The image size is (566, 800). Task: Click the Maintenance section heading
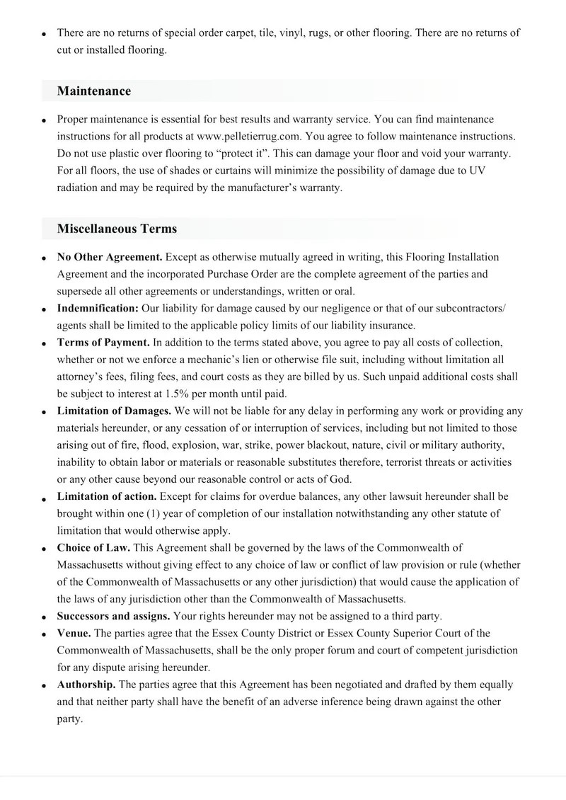94,91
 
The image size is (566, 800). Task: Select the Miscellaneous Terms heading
117,229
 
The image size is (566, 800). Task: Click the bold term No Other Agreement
110,256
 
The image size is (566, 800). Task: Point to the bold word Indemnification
98,308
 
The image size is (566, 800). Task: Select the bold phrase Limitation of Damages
114,411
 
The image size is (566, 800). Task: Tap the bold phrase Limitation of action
107,496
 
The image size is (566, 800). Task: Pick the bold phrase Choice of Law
93,548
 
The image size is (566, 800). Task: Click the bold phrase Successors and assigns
113,616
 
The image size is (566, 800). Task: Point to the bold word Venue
74,633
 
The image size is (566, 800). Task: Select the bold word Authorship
86,685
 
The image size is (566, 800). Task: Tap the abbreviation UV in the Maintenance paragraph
478,171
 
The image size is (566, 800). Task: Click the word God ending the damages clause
340,479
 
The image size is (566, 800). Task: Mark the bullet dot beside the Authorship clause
45,685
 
